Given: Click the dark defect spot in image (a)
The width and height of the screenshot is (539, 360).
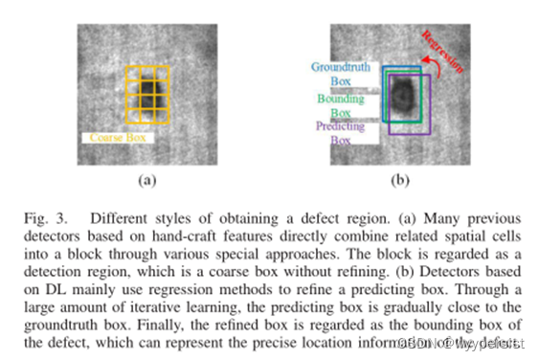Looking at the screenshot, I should coord(146,94).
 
